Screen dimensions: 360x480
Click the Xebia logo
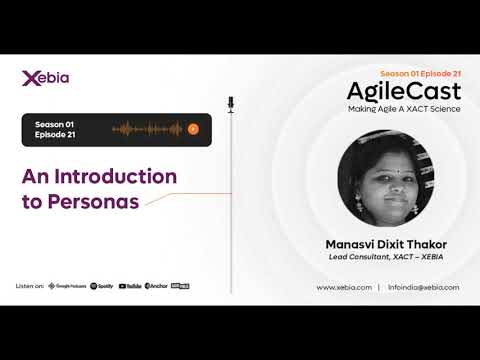pyautogui.click(x=45, y=78)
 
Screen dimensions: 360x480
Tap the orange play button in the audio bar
pyautogui.click(x=193, y=129)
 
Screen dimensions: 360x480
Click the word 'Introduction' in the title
pyautogui.click(x=124, y=177)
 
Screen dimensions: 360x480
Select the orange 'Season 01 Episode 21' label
pyautogui.click(x=420, y=73)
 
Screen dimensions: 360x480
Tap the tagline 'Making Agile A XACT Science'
pyautogui.click(x=404, y=108)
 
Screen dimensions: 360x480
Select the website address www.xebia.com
pyautogui.click(x=344, y=287)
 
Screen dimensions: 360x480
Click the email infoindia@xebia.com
pyautogui.click(x=424, y=287)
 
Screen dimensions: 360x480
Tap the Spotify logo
pyautogui.click(x=102, y=286)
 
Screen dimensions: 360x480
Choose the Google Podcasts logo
pyautogui.click(x=67, y=286)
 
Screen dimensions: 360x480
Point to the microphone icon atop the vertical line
pyautogui.click(x=230, y=103)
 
